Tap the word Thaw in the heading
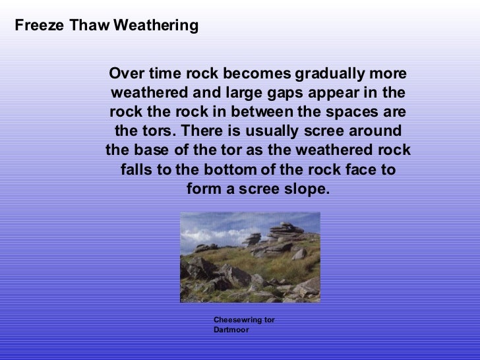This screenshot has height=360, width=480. (x=89, y=26)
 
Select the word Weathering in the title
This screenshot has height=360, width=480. (x=156, y=26)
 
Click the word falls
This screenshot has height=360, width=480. (x=136, y=170)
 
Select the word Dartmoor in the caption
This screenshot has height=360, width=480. (x=231, y=330)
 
